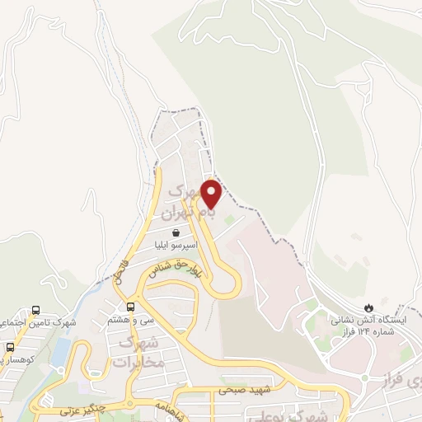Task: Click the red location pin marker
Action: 212,194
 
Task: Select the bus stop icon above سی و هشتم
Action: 130,307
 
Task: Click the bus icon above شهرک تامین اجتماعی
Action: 35,310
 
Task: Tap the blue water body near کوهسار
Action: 61,351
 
